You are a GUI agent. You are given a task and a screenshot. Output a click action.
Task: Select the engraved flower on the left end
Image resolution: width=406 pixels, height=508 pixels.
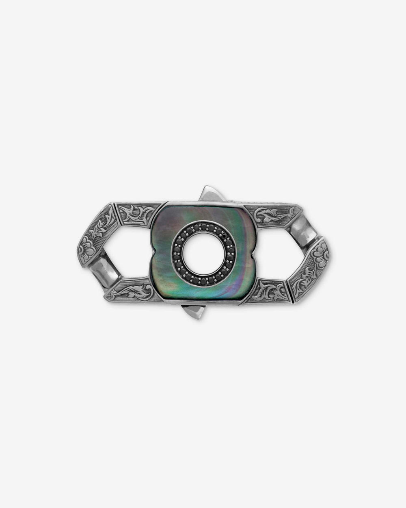coord(86,247)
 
